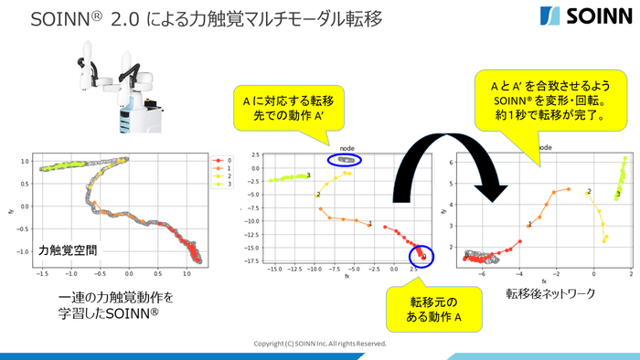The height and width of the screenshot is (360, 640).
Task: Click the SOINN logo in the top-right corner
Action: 583,17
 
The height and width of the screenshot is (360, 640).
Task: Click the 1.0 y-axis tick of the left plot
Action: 25,161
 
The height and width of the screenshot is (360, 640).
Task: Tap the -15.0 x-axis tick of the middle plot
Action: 271,270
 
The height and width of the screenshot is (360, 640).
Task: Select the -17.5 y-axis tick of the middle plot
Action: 250,260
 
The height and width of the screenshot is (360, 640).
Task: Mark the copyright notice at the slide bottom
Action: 319,344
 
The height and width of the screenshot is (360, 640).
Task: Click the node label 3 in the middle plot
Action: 308,175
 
